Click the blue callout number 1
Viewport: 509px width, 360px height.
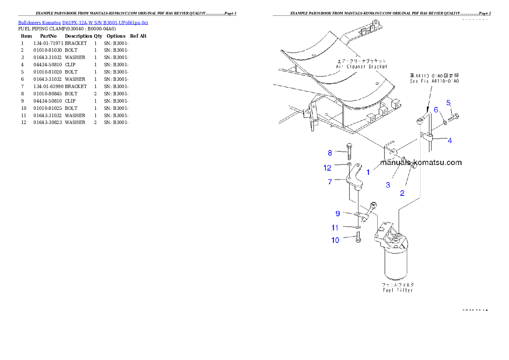tap(368, 172)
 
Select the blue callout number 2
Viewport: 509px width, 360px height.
tap(402, 193)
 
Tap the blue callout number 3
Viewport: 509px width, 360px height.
tap(388, 185)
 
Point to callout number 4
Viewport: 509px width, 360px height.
tap(450, 140)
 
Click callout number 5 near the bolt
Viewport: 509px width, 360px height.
tap(449, 103)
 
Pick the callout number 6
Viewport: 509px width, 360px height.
tap(436, 110)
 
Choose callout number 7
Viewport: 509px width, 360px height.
tap(330, 181)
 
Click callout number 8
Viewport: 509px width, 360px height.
tap(330, 153)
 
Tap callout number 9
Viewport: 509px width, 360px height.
tap(337, 213)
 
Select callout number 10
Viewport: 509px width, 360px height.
tap(335, 240)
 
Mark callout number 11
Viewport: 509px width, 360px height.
tap(335, 227)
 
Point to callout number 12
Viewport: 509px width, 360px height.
tap(328, 168)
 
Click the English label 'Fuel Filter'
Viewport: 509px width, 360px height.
tap(397, 290)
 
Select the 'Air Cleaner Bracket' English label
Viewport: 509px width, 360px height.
tap(362, 67)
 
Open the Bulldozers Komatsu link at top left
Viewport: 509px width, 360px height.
tap(83, 22)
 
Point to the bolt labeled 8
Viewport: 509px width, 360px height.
tap(349, 151)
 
